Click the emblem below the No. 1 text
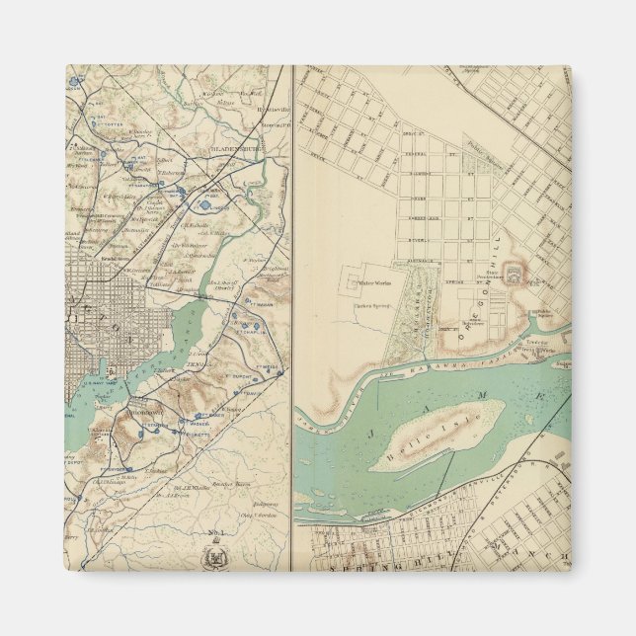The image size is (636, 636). coord(213,558)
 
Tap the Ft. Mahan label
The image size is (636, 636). coord(254,321)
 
